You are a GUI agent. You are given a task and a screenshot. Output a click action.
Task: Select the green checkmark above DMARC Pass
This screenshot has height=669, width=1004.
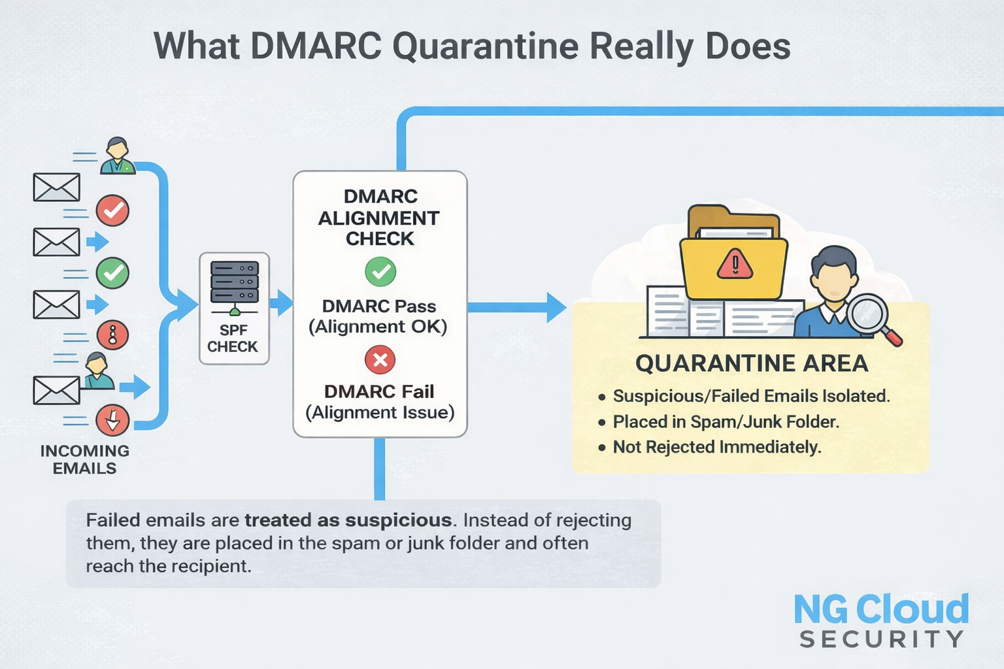(380, 272)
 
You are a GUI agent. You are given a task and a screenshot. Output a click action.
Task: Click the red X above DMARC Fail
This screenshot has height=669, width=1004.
(380, 359)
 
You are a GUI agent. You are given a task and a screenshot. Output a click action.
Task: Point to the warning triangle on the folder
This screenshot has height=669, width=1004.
(735, 264)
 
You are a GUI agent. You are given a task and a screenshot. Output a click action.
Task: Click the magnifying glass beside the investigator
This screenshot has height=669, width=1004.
(872, 319)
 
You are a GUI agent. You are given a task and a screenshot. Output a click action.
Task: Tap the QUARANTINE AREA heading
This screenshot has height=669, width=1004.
(752, 363)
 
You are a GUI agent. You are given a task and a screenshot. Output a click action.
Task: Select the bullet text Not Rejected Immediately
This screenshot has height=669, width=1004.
(716, 447)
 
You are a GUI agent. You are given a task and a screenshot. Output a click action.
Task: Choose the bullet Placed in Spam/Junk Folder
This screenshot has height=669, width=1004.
(726, 421)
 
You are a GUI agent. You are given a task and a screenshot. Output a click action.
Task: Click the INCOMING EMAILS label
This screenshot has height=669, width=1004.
(85, 459)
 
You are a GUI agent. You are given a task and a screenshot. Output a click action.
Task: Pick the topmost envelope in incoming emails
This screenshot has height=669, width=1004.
(56, 187)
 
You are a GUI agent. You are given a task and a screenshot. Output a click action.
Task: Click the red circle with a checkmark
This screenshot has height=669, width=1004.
(112, 210)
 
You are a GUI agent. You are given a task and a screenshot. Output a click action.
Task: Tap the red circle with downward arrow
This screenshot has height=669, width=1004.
(112, 420)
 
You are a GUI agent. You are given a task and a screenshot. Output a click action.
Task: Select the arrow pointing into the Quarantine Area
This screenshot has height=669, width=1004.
(517, 308)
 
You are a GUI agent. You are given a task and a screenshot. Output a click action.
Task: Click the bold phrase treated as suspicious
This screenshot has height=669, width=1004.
(348, 520)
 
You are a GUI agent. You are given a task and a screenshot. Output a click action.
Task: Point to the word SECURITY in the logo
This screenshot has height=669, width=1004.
(881, 638)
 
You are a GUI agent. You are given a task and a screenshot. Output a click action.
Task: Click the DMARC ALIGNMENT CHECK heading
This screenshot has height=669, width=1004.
(379, 218)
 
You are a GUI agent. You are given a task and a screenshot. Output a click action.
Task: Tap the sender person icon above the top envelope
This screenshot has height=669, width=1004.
(117, 155)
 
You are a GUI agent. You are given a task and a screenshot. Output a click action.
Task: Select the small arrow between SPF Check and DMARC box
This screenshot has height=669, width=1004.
(281, 303)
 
